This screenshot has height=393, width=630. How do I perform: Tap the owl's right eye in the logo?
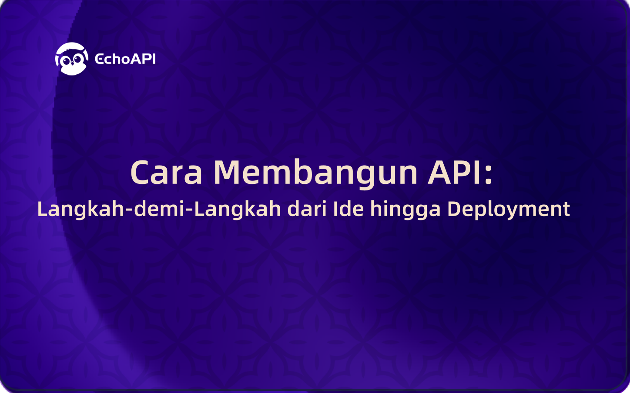77,60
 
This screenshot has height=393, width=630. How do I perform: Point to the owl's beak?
72,65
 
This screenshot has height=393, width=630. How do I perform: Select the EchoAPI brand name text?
125,59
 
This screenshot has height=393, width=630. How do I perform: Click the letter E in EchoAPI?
99,59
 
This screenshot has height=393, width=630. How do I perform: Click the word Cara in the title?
166,173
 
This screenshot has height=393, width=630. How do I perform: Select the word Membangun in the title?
315,173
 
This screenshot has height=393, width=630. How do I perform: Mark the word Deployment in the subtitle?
508,210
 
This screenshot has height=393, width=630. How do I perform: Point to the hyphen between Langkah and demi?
129,210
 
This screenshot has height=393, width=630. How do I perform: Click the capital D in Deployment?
454,209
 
